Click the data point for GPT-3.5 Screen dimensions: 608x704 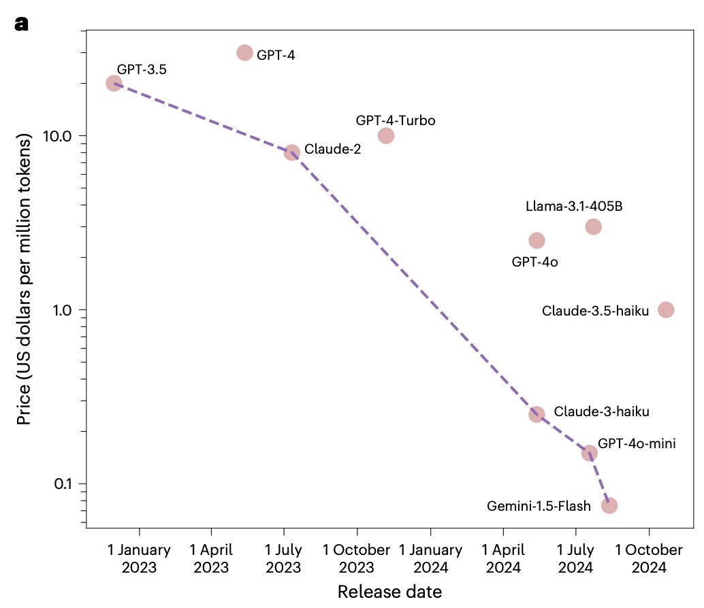point(114,83)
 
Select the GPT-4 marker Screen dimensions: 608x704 point(244,52)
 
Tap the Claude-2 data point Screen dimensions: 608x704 point(291,152)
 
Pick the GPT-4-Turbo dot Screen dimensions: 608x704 point(386,135)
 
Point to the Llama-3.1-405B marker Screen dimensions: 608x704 point(593,226)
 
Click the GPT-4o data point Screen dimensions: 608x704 point(537,240)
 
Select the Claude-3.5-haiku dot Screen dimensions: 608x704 point(666,309)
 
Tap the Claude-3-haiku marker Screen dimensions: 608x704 point(537,414)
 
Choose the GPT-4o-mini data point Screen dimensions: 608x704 point(590,453)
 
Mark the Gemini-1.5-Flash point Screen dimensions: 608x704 point(609,505)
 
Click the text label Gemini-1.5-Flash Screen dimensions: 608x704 point(539,506)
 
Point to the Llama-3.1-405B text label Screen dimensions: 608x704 point(573,206)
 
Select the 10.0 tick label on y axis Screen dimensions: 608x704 point(57,136)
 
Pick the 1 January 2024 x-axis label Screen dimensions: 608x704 point(430,558)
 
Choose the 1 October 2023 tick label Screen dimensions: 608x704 point(357,558)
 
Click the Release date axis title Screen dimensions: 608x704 point(389,592)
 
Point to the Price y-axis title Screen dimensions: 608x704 point(25,279)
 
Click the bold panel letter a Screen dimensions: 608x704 point(21,24)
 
